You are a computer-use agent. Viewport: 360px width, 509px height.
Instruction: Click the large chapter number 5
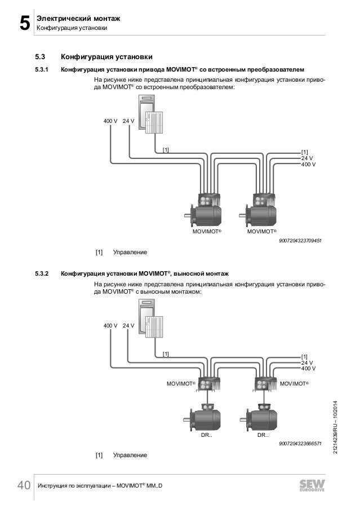[x=24, y=24]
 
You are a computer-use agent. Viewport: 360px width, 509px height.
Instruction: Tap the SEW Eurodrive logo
[x=314, y=486]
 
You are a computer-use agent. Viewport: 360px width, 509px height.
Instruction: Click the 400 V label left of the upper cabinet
[x=110, y=121]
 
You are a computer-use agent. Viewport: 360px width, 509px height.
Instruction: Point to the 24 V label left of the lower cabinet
[x=128, y=326]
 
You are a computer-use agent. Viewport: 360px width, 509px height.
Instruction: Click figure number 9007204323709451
[x=300, y=241]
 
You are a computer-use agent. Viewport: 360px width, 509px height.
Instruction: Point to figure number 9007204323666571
[x=300, y=444]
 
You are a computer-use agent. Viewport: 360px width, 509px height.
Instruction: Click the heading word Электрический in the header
[x=61, y=19]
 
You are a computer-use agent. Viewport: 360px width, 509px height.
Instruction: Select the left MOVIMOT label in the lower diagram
[x=180, y=384]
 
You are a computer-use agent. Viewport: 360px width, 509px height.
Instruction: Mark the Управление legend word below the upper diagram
[x=130, y=251]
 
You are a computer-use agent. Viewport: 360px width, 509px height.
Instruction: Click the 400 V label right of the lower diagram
[x=308, y=369]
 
